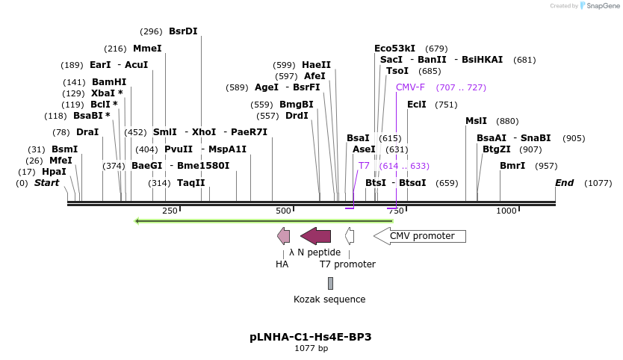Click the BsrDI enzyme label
[183, 31]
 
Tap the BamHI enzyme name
[109, 82]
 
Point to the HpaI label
[54, 172]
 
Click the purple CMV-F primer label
[410, 87]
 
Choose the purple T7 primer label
[364, 166]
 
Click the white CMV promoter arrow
[419, 236]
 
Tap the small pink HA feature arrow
[284, 236]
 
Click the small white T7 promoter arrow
[349, 236]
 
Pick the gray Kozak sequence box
[330, 283]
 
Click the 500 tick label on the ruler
[283, 211]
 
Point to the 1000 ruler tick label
[506, 211]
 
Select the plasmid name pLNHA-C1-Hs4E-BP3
[311, 337]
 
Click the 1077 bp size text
[311, 348]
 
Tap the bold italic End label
[564, 183]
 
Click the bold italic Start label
[46, 183]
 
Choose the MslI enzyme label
[476, 121]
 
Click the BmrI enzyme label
[512, 166]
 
